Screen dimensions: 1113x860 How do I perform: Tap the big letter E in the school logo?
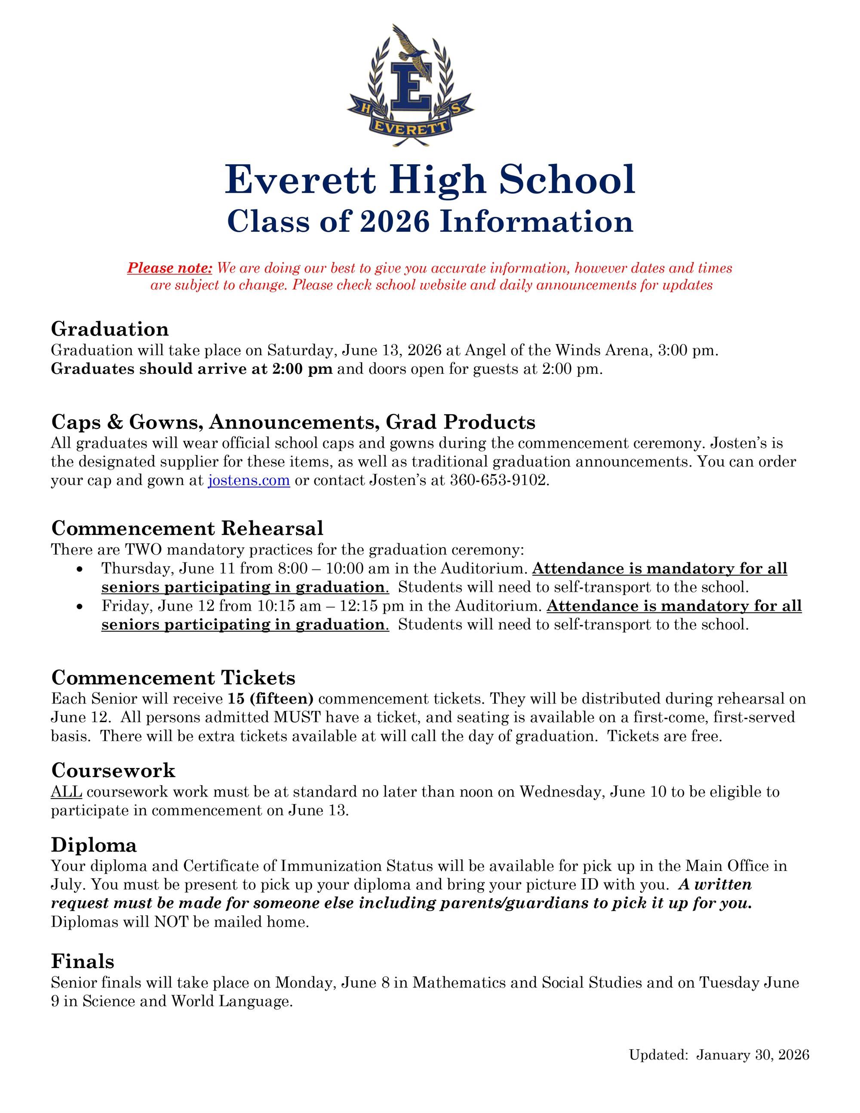411,86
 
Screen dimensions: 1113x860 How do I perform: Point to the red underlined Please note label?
170,267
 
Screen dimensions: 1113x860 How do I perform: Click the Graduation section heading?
110,329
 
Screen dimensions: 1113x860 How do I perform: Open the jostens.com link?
249,480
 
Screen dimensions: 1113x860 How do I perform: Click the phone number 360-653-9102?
499,480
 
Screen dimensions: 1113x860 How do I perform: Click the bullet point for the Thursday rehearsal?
79,569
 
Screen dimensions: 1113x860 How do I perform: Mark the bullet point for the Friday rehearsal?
79,606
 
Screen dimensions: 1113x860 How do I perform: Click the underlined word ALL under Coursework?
66,791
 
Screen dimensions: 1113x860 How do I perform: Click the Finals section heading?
83,961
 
